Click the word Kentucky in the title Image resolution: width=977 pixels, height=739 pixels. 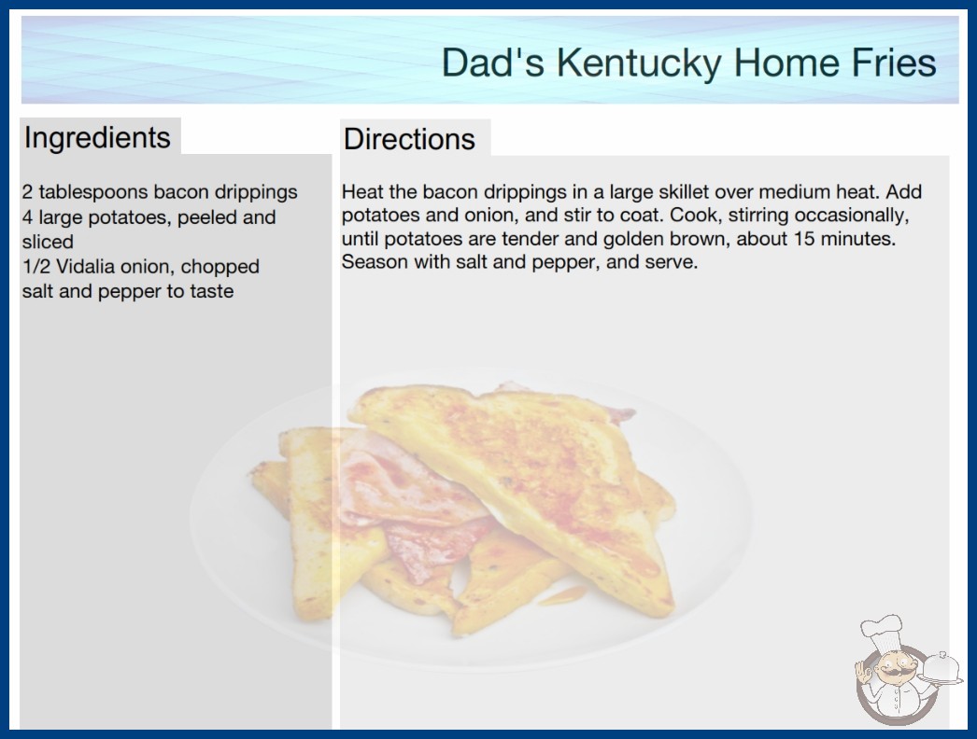click(x=639, y=63)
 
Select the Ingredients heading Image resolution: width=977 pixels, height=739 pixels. click(x=97, y=138)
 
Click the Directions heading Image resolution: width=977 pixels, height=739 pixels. click(x=409, y=139)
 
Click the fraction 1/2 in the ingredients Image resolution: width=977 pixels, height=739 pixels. click(x=36, y=267)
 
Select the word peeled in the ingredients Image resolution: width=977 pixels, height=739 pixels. click(x=210, y=217)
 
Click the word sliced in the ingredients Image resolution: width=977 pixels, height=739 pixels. click(x=48, y=242)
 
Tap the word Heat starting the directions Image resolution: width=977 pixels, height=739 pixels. click(x=361, y=191)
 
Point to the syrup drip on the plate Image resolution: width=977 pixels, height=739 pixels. click(x=562, y=596)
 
